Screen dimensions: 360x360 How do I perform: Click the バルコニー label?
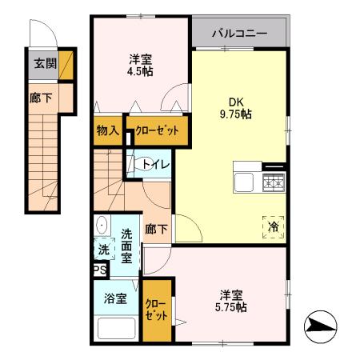point(238,34)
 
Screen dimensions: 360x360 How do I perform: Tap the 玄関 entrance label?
point(45,64)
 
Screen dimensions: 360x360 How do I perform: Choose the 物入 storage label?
point(107,130)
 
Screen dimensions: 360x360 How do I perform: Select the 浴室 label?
point(115,298)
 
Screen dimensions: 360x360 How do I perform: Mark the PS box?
point(99,271)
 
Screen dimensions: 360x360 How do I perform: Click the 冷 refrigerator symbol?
point(271,226)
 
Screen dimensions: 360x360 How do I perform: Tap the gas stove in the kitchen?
point(274,183)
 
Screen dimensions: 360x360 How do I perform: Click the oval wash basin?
point(101,226)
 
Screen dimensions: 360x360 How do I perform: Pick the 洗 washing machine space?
point(102,250)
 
